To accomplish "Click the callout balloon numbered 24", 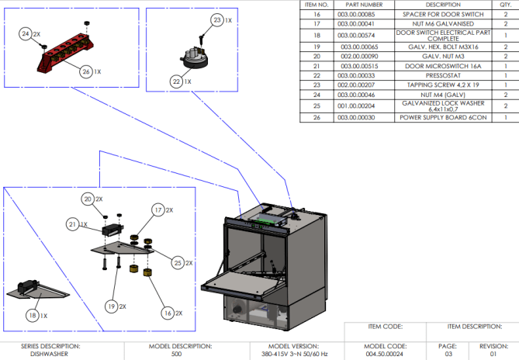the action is pos(26,34).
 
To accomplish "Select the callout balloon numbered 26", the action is pos(86,71).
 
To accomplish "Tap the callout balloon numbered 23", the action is pos(216,20).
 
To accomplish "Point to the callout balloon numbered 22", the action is pos(176,81).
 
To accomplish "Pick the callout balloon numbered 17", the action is pos(158,209).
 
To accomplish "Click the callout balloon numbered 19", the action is pos(112,306).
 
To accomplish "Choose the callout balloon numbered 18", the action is pos(33,315).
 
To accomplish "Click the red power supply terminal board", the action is pos(65,52).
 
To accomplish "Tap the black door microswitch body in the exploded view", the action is pos(112,230).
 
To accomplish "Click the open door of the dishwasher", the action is pos(240,281).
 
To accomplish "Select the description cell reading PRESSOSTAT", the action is pos(443,75).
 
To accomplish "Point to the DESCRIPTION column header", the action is pos(443,5).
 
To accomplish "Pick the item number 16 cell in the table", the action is pos(317,14).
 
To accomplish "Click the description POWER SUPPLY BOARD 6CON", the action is pos(443,117).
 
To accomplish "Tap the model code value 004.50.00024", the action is pos(385,354).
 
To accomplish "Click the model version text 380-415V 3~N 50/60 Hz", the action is pos(294,354).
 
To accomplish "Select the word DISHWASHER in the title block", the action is pos(50,354).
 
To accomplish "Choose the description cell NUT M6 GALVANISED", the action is pos(443,24).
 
